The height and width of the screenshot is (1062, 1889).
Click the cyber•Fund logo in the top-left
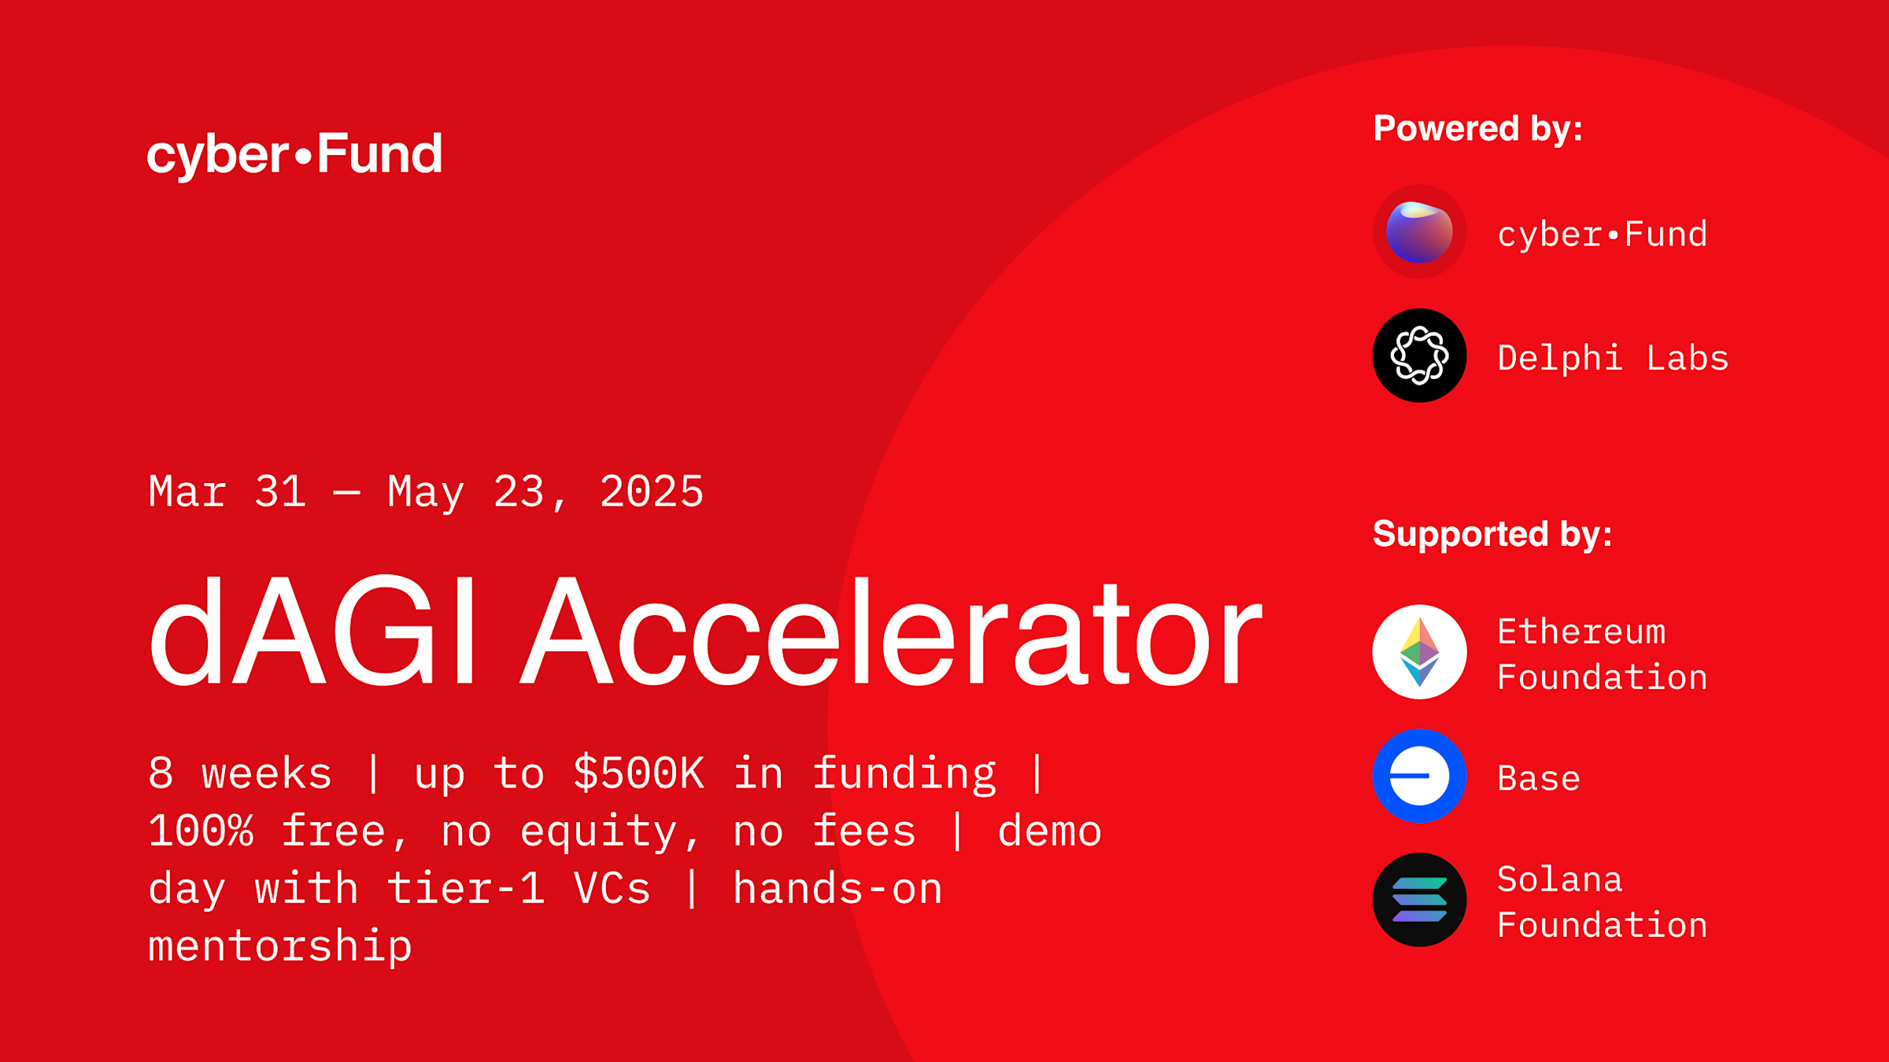click(294, 155)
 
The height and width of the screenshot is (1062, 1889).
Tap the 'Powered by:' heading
click(1478, 129)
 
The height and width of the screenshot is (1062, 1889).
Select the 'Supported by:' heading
click(1492, 535)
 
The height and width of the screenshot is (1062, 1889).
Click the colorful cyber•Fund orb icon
click(1419, 232)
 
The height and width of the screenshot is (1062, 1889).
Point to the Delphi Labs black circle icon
click(1419, 356)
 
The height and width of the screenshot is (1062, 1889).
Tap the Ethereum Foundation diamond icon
click(1419, 652)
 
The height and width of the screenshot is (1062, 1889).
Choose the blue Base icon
click(1419, 776)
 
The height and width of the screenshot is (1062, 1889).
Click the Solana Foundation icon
click(1419, 900)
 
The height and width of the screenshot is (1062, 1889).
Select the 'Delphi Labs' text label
click(1613, 358)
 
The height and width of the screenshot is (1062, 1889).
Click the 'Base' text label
click(1539, 779)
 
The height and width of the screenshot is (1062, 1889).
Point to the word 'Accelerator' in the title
click(892, 633)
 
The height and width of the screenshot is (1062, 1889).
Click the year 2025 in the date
click(652, 492)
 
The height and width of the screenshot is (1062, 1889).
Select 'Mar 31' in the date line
click(227, 492)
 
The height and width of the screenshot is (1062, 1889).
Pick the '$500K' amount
click(638, 773)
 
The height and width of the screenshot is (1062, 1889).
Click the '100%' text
click(201, 832)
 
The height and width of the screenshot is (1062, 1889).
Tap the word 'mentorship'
click(280, 946)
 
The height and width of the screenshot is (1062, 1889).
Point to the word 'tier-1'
click(466, 889)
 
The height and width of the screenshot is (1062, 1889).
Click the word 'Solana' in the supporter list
click(1560, 879)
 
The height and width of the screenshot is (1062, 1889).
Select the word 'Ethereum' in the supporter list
click(1581, 632)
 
